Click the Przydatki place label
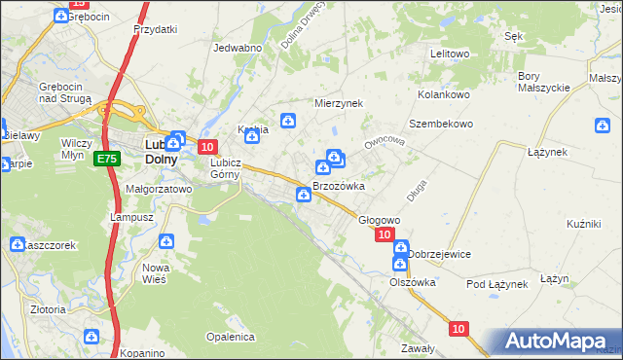pyautogui.click(x=156, y=29)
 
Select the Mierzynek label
pyautogui.click(x=338, y=102)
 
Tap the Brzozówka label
pyautogui.click(x=338, y=186)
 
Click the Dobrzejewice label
pyautogui.click(x=439, y=254)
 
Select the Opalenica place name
pyautogui.click(x=230, y=337)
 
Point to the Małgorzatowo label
pyautogui.click(x=159, y=190)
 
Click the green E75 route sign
pyautogui.click(x=107, y=158)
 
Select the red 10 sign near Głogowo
pyautogui.click(x=384, y=234)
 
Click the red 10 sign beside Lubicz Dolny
pyautogui.click(x=207, y=146)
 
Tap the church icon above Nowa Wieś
pyautogui.click(x=167, y=240)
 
